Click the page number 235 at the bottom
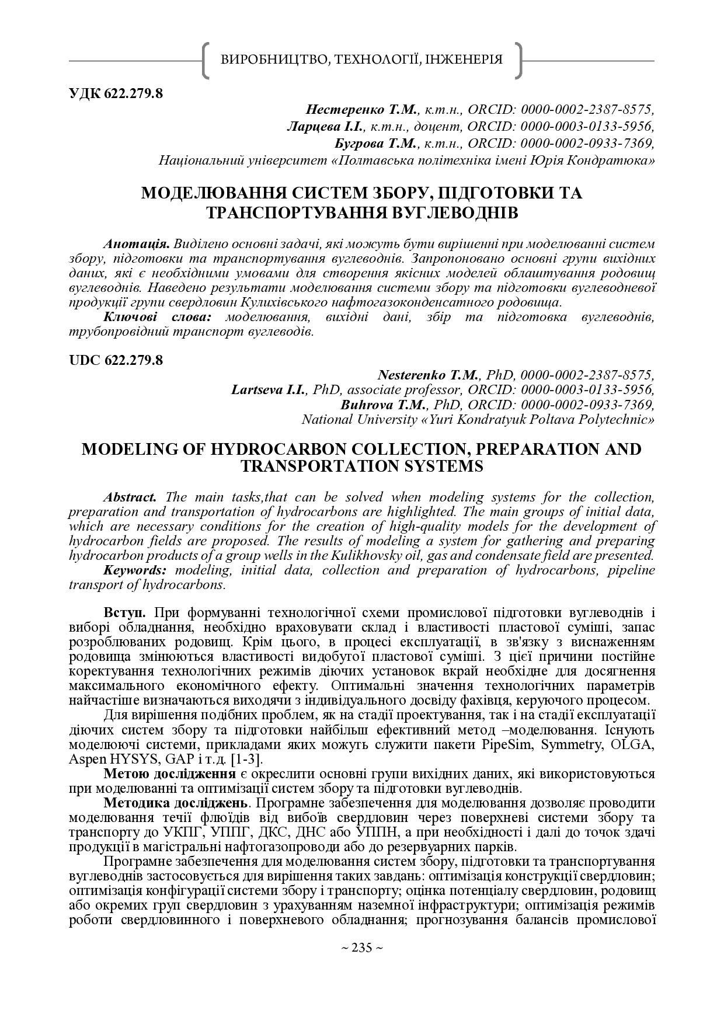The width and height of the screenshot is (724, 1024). (x=361, y=949)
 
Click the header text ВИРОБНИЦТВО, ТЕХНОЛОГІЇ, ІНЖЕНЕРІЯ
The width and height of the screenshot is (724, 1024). (x=362, y=59)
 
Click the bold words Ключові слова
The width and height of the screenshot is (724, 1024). (x=156, y=317)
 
